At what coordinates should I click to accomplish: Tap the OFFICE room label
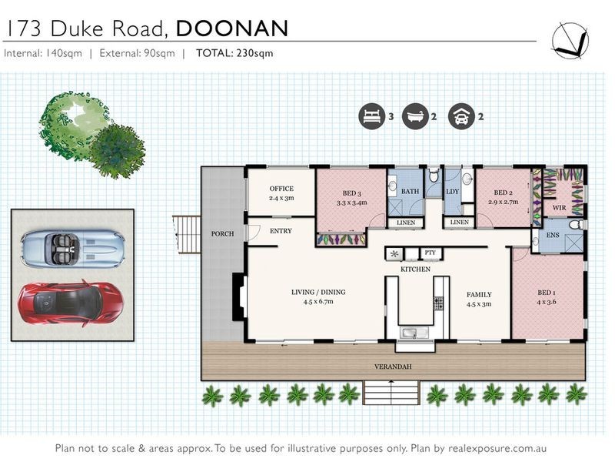281,189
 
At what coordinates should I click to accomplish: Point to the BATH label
410,191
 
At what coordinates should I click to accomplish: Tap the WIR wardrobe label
559,208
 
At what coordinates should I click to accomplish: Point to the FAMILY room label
479,295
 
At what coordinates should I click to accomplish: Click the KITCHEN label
415,269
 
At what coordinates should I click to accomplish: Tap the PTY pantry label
430,253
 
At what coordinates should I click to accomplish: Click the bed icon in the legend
371,117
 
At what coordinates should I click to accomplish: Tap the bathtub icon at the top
415,117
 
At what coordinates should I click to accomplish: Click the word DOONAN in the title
232,28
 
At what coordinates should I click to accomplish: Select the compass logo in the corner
570,39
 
